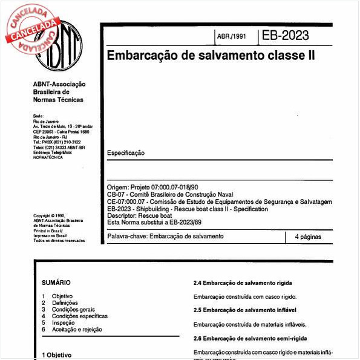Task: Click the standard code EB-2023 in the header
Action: pyautogui.click(x=285, y=35)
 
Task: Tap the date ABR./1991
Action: pyautogui.click(x=232, y=36)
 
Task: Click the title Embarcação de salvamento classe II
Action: pyautogui.click(x=211, y=56)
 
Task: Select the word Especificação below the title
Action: pyautogui.click(x=126, y=153)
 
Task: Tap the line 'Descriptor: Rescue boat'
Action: pyautogui.click(x=139, y=215)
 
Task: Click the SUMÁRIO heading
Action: pyautogui.click(x=56, y=283)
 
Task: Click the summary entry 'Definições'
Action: pyautogui.click(x=65, y=303)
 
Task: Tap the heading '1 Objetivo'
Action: pyautogui.click(x=57, y=355)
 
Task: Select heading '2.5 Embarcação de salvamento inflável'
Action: pyautogui.click(x=244, y=310)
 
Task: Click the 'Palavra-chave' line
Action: pyautogui.click(x=165, y=236)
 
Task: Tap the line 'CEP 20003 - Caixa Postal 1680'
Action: pyautogui.click(x=61, y=131)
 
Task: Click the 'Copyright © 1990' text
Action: pyautogui.click(x=50, y=216)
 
